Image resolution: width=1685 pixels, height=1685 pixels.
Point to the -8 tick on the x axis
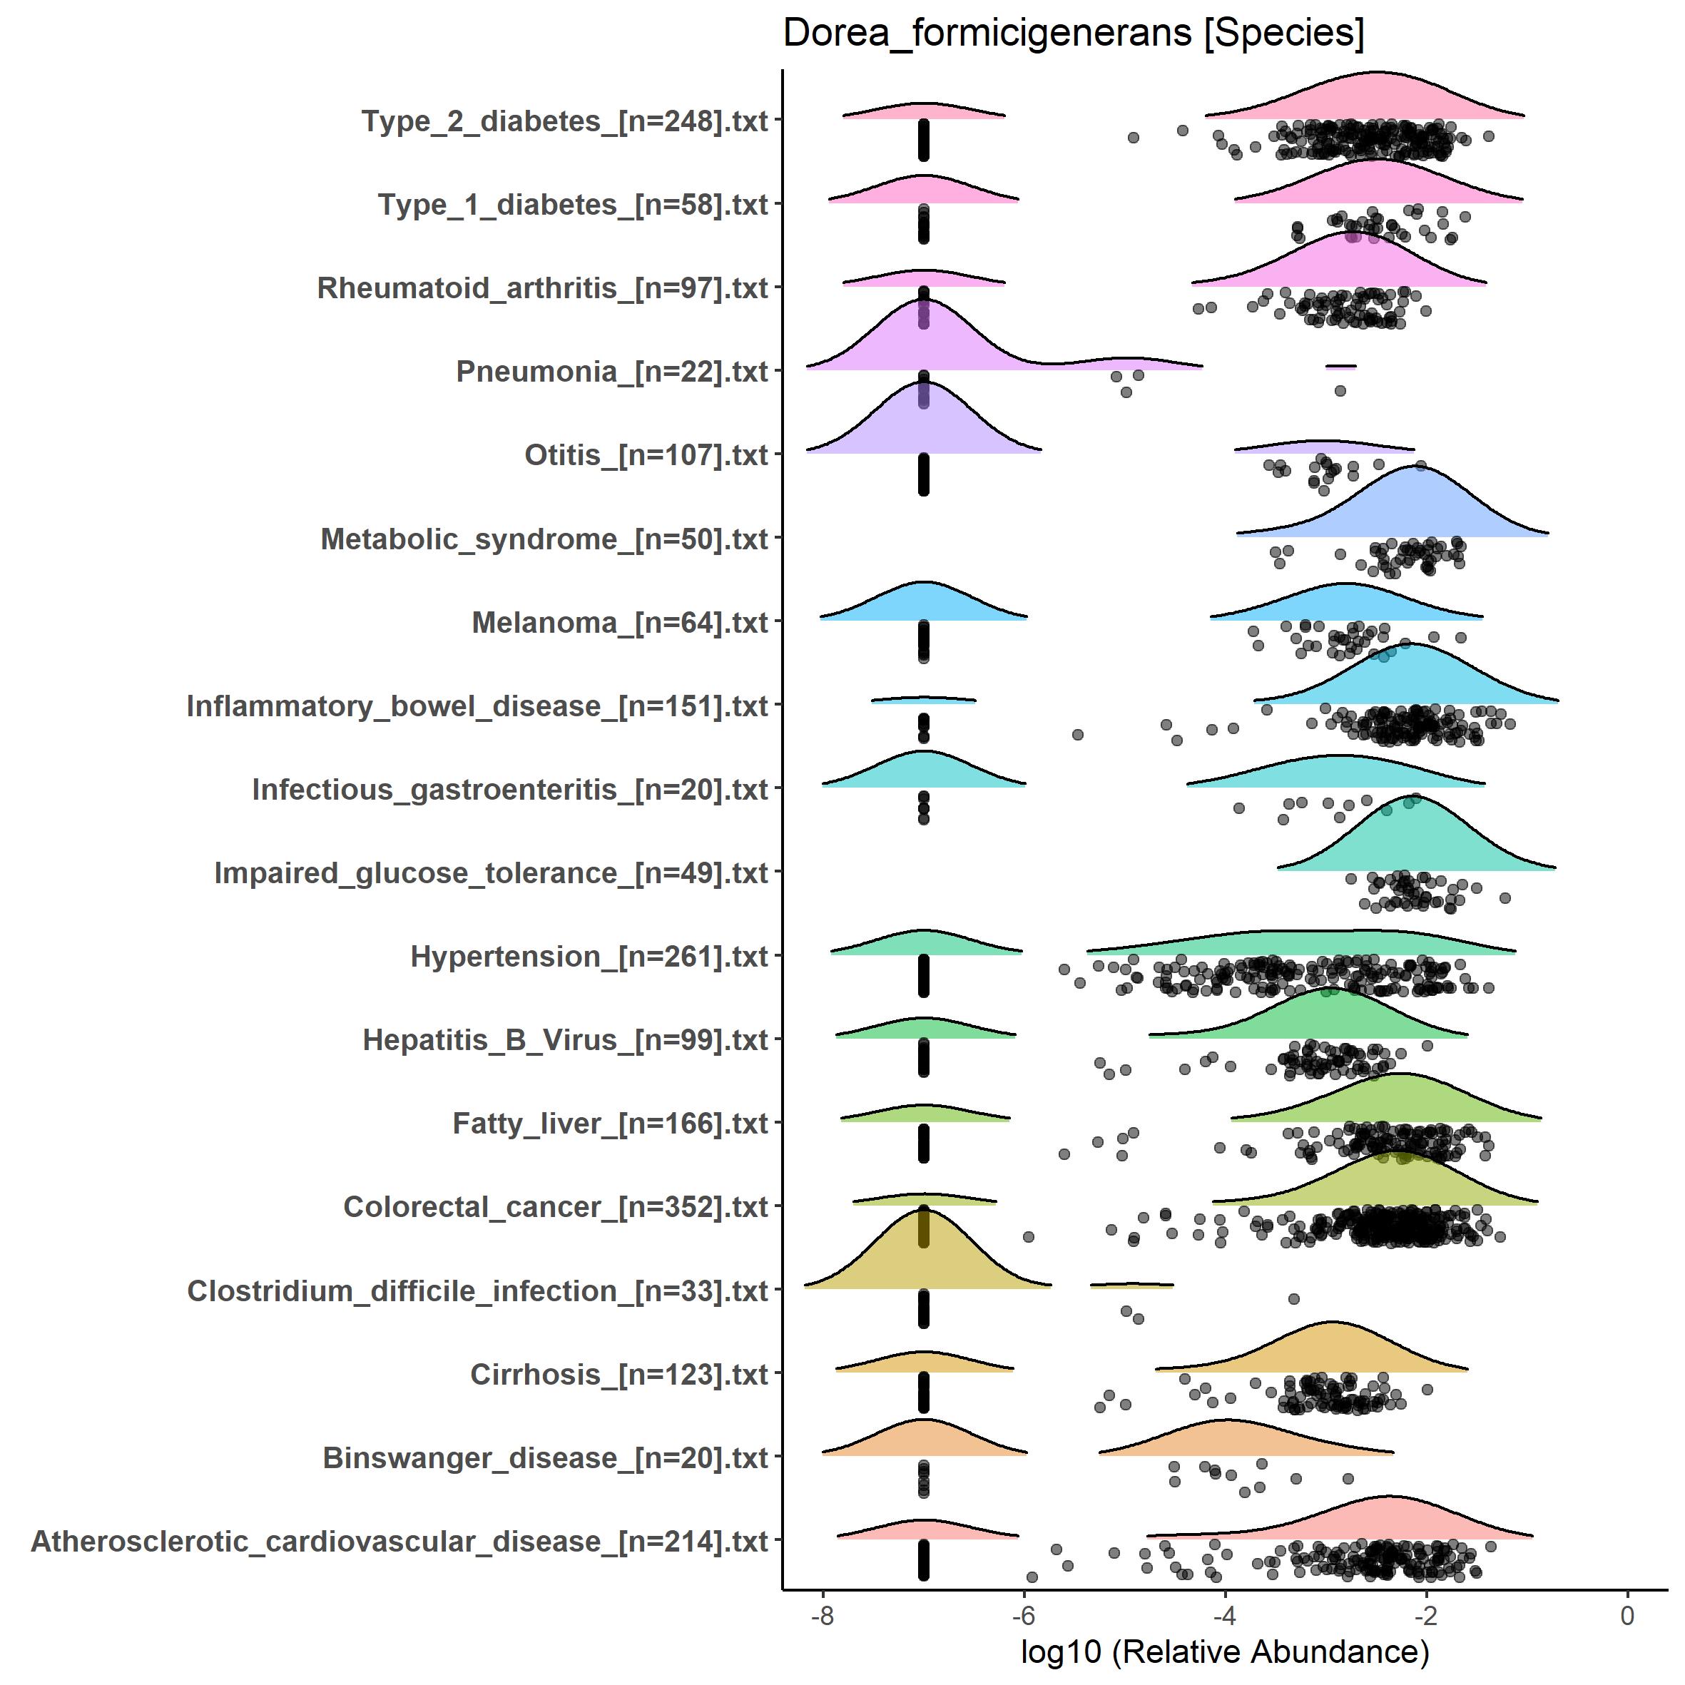click(x=823, y=1615)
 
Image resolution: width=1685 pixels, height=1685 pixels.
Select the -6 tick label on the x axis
click(x=1023, y=1615)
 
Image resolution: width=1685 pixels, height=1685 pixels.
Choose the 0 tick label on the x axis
click(x=1627, y=1615)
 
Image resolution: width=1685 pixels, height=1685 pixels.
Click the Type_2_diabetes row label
click(x=564, y=121)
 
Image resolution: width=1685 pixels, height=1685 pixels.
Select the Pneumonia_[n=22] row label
click(x=611, y=372)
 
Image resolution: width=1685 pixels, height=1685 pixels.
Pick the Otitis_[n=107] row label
click(x=646, y=454)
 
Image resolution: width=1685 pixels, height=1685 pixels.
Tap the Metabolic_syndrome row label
click(x=544, y=539)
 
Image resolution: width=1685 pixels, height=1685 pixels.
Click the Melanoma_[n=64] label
click(x=619, y=623)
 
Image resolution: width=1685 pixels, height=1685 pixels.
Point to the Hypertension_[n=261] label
click(x=589, y=956)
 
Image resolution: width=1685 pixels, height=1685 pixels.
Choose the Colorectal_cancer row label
click(x=556, y=1207)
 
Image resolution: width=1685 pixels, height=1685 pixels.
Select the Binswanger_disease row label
click(x=545, y=1457)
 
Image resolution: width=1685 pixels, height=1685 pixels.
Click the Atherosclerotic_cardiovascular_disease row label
click(x=399, y=1541)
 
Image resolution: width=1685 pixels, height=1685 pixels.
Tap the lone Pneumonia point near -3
click(x=1340, y=391)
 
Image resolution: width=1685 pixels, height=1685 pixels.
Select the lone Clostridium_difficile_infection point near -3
click(x=1294, y=1298)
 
